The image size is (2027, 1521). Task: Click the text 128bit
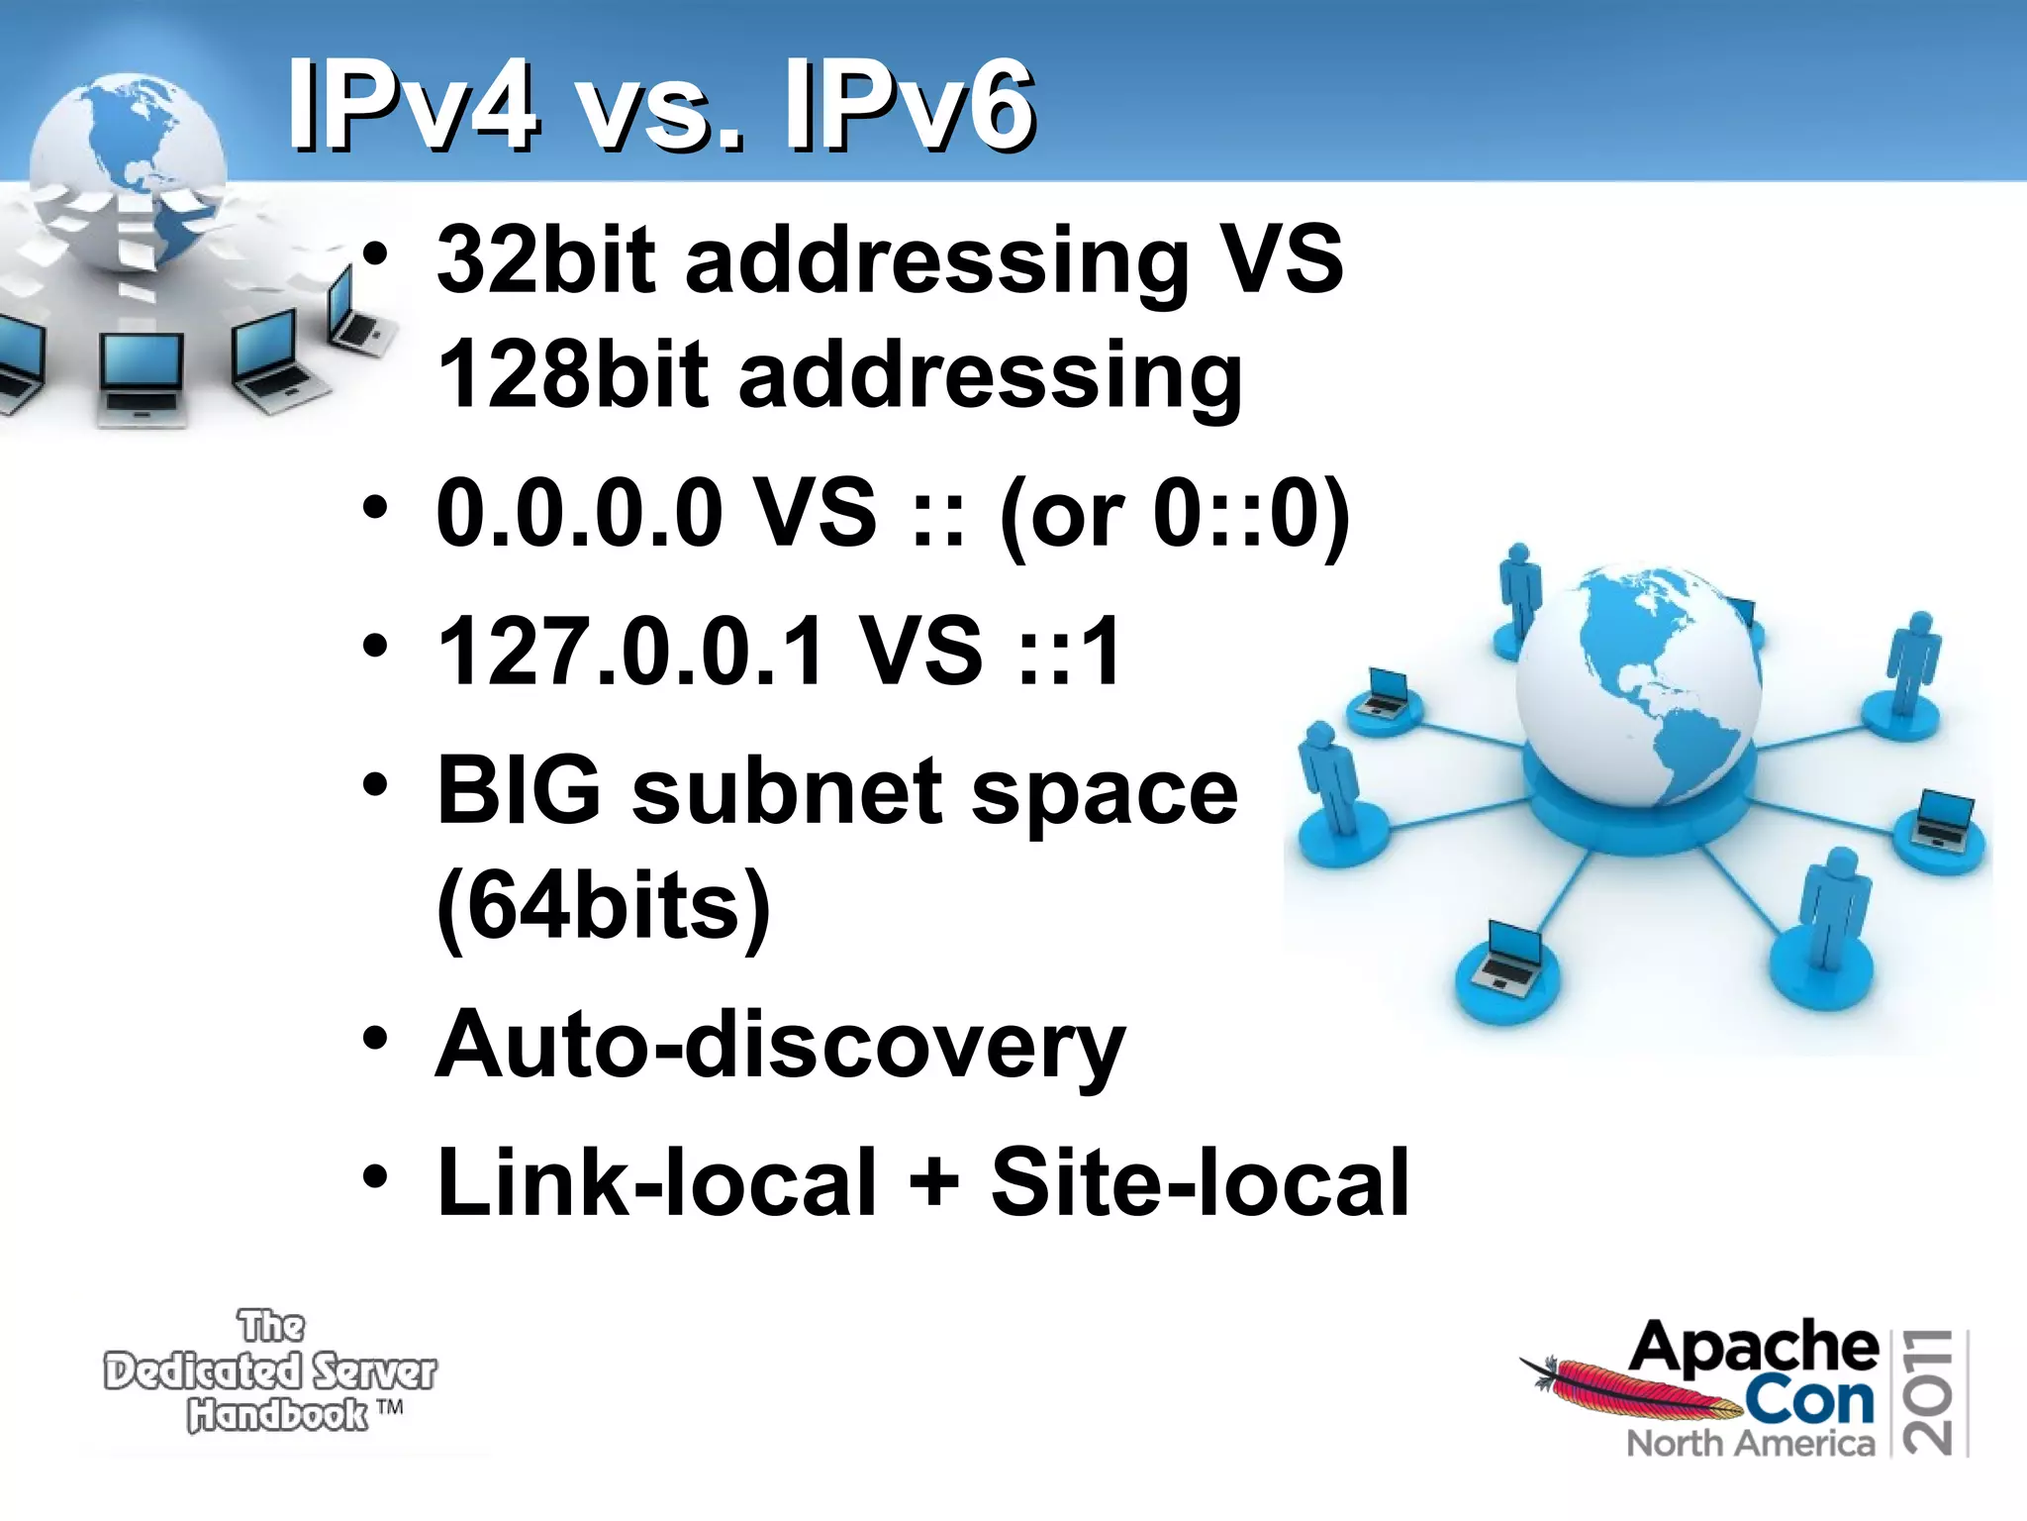coord(573,374)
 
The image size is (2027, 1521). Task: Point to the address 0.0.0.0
coord(579,512)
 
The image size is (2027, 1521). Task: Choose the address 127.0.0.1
coord(629,651)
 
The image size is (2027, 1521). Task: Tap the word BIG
coord(519,790)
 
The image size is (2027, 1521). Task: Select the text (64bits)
coord(603,905)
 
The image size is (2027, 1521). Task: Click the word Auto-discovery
coord(780,1046)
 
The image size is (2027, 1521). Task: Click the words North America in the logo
coord(1750,1444)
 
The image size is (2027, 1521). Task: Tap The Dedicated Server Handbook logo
coord(269,1371)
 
